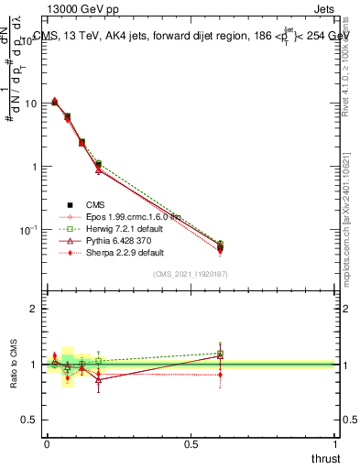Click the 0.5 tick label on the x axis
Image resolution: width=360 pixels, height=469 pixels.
[191, 443]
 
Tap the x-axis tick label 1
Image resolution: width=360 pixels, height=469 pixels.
[336, 443]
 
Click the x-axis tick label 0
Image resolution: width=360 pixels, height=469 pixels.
[47, 443]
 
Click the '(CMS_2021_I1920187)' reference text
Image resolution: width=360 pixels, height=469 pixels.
[191, 275]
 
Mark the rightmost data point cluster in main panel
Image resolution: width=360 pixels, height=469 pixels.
[220, 247]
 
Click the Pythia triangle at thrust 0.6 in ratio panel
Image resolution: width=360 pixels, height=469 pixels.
[220, 355]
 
